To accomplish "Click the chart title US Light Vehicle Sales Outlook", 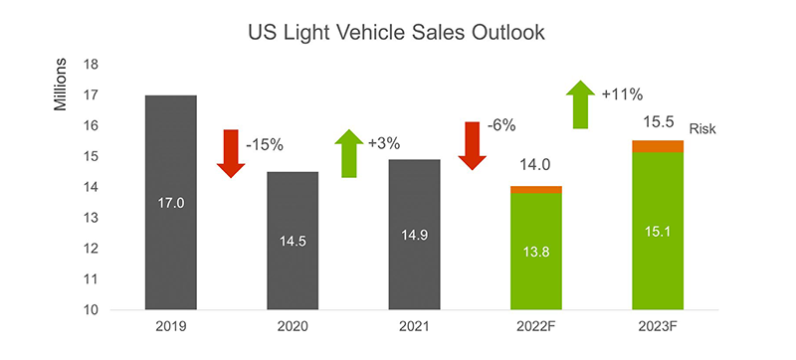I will click(398, 32).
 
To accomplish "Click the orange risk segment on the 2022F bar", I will click(535, 189).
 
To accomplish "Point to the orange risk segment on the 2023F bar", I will click(658, 146).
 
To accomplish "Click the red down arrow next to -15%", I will click(231, 152).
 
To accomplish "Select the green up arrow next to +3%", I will click(348, 153).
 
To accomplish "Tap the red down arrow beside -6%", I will click(471, 145).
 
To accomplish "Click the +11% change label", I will click(622, 95).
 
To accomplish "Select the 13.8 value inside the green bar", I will click(535, 252).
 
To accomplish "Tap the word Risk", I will click(702, 128).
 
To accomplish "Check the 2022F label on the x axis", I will click(535, 327).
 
